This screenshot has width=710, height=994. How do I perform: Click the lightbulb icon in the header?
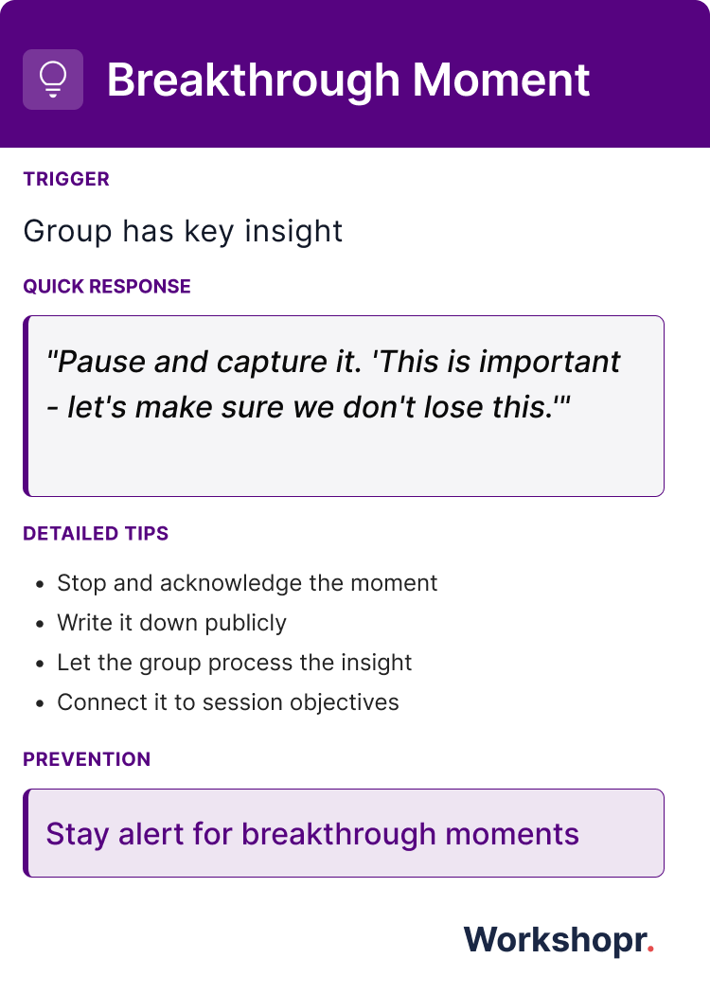(53, 80)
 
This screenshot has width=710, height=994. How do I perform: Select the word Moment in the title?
(501, 80)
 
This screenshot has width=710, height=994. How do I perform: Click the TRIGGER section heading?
(66, 179)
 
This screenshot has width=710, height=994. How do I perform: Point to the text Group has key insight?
(183, 231)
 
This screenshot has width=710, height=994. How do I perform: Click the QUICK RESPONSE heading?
(107, 287)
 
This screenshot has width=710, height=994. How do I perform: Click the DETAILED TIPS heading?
(96, 534)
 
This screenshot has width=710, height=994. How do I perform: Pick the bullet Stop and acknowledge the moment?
(247, 583)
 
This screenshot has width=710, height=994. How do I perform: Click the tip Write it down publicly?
(171, 623)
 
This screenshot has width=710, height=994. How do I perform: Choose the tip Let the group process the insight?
(234, 663)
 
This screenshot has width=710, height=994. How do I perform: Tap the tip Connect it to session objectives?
(228, 702)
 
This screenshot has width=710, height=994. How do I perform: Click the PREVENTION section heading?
(87, 759)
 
